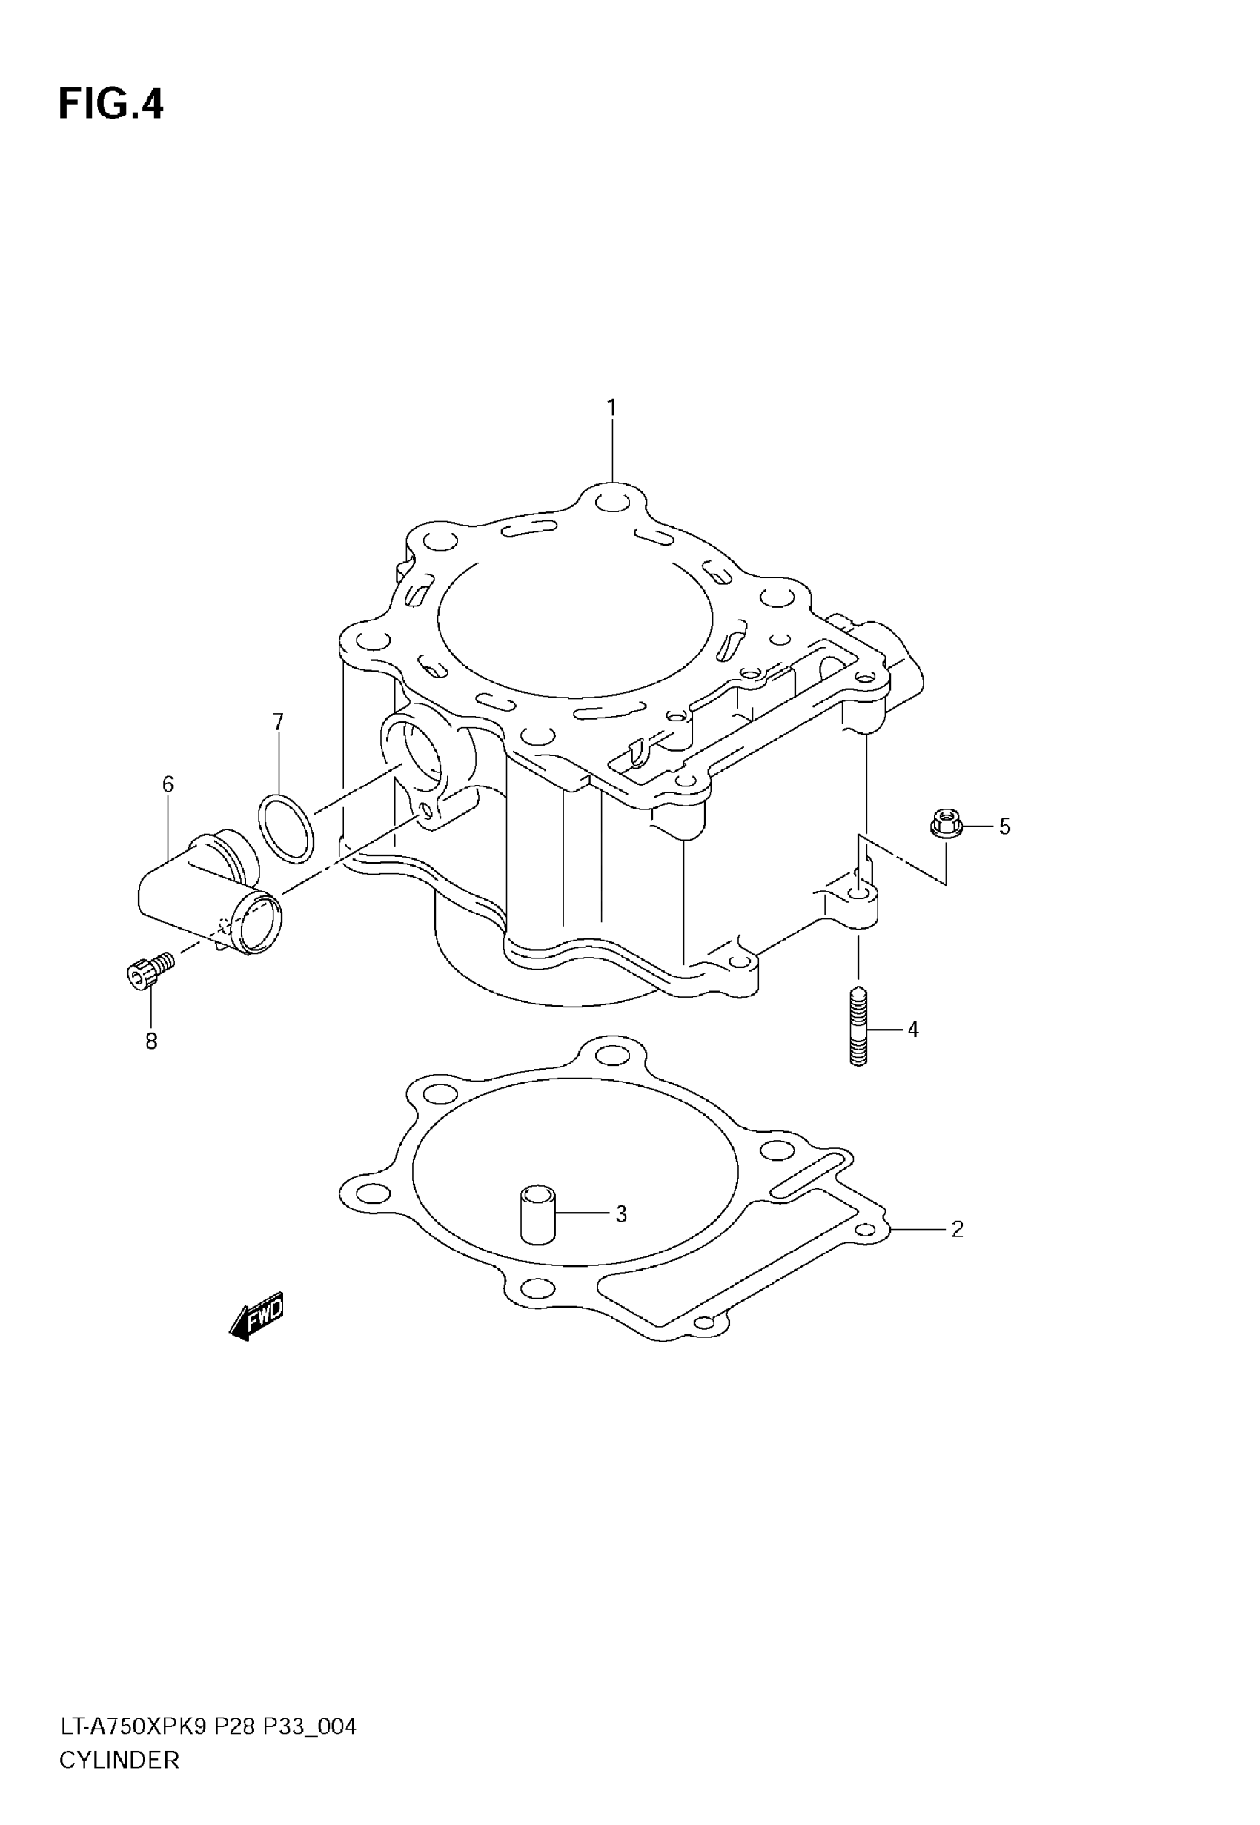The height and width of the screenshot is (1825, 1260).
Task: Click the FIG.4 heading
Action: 110,105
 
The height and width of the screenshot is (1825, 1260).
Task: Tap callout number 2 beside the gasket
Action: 957,1229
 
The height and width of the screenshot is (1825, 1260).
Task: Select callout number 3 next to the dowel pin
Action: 620,1214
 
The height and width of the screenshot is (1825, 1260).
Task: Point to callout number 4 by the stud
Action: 912,1030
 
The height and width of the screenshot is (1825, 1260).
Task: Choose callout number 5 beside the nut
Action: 1004,827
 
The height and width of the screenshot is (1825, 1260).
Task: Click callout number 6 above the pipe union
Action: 168,784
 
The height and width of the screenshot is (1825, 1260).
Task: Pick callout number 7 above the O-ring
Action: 278,721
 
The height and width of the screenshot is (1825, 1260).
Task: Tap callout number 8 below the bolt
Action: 152,1041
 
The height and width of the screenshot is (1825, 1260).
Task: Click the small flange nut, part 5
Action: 945,825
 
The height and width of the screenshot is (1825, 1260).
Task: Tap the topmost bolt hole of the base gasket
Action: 613,1055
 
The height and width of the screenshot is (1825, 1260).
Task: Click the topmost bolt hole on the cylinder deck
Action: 613,501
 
